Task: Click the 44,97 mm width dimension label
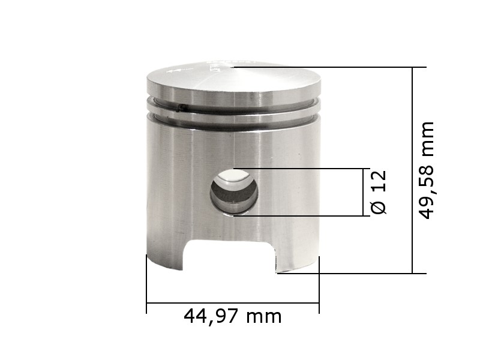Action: coord(233,316)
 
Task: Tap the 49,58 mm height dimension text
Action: coord(427,170)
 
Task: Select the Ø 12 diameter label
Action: coord(379,192)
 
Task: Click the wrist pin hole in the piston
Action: coord(233,191)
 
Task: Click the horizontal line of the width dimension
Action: coord(233,303)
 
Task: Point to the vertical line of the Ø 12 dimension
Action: coord(365,192)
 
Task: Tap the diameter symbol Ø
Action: coord(379,206)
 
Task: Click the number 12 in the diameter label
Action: coord(379,182)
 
